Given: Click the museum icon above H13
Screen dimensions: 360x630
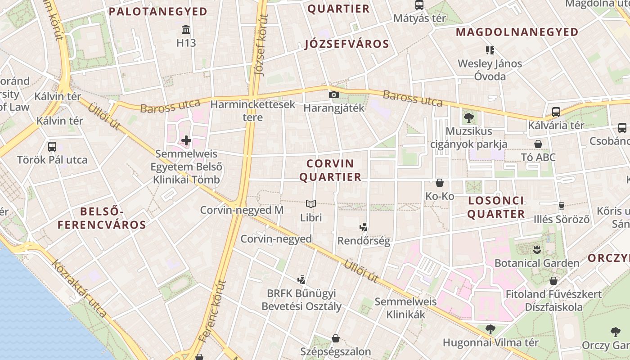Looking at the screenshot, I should (185, 30).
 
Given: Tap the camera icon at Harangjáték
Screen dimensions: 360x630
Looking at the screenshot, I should (333, 94).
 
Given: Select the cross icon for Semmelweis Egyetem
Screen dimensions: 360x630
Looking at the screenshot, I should (186, 140).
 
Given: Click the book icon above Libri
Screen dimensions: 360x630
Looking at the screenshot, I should (311, 204).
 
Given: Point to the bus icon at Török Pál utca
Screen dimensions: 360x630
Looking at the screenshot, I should (52, 146).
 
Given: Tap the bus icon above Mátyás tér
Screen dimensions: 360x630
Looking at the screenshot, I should (419, 5).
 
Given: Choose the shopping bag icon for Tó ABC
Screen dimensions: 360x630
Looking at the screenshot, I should (538, 144).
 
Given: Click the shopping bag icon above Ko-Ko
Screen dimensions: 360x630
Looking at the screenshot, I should (440, 183).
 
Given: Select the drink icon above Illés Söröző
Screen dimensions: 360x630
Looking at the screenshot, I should (561, 206).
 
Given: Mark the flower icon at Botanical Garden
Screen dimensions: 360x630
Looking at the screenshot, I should (536, 249).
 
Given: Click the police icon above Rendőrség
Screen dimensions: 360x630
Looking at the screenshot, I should (364, 227).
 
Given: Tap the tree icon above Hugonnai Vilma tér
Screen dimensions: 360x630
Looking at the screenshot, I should (490, 329).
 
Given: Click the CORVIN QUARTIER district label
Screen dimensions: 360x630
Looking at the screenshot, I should (330, 170).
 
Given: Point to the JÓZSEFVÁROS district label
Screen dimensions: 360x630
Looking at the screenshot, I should (346, 44).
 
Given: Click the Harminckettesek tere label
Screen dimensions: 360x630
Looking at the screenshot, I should (253, 111).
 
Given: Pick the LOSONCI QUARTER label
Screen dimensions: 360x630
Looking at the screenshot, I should (495, 207).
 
